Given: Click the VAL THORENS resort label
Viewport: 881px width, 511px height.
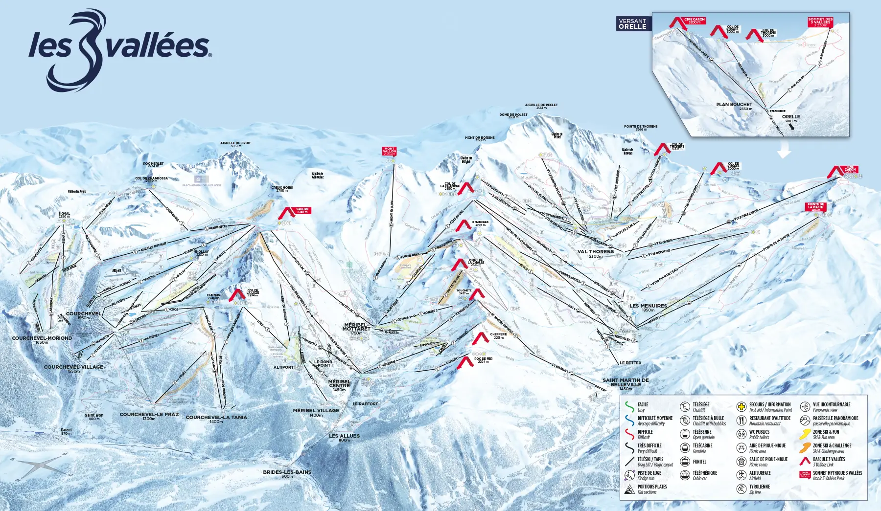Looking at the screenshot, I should (595, 252).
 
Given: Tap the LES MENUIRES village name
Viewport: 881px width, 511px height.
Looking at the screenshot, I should (648, 306).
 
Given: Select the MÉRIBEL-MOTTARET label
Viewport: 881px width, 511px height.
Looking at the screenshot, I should (356, 327).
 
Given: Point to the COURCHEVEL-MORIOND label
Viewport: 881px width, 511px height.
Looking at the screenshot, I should (42, 338).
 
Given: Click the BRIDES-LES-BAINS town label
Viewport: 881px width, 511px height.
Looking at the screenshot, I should (287, 472).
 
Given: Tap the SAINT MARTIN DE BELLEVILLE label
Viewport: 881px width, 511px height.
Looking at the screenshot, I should (626, 382).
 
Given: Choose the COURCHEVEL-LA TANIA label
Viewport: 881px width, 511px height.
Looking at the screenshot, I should (216, 417).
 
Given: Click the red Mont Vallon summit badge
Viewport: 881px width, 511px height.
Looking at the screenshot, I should (389, 151).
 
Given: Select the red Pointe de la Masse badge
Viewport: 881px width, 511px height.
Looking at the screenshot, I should (815, 206).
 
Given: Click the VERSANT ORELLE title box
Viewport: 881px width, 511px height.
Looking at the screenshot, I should (632, 23).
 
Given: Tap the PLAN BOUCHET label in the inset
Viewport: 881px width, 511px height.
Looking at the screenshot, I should (734, 104).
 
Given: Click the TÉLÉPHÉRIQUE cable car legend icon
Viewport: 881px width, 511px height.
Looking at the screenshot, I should (685, 475).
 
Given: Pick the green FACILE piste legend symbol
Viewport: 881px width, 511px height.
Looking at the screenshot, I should (629, 406).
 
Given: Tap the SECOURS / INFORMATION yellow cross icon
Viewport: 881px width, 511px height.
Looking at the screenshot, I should (742, 406).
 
